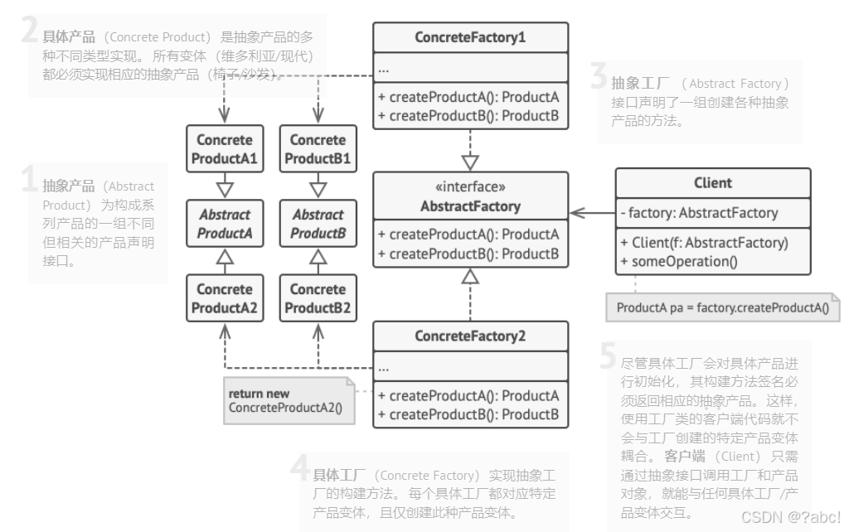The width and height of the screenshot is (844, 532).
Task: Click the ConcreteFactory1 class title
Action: pyautogui.click(x=470, y=37)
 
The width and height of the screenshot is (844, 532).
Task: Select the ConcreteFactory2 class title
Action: pyautogui.click(x=470, y=336)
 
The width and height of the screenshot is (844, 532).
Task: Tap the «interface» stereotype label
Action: pyautogui.click(x=470, y=187)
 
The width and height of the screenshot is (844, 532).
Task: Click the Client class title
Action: pyautogui.click(x=713, y=183)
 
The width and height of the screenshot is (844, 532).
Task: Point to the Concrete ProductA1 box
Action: pyautogui.click(x=225, y=148)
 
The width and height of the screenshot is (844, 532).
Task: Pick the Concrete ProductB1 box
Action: pyautogui.click(x=318, y=148)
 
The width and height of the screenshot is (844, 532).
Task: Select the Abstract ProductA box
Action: pyautogui.click(x=225, y=224)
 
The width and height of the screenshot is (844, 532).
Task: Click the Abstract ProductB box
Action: pyautogui.click(x=318, y=224)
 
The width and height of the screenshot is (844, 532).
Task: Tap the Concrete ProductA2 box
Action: pyautogui.click(x=225, y=299)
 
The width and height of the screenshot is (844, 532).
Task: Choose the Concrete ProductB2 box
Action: pyautogui.click(x=318, y=299)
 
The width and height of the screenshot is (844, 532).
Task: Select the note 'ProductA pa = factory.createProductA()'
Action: pyautogui.click(x=723, y=308)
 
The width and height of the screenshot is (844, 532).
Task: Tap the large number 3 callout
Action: pyautogui.click(x=599, y=78)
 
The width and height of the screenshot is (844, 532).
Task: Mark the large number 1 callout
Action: pyautogui.click(x=30, y=181)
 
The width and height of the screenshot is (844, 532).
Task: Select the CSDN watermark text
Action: pyautogui.click(x=790, y=517)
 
